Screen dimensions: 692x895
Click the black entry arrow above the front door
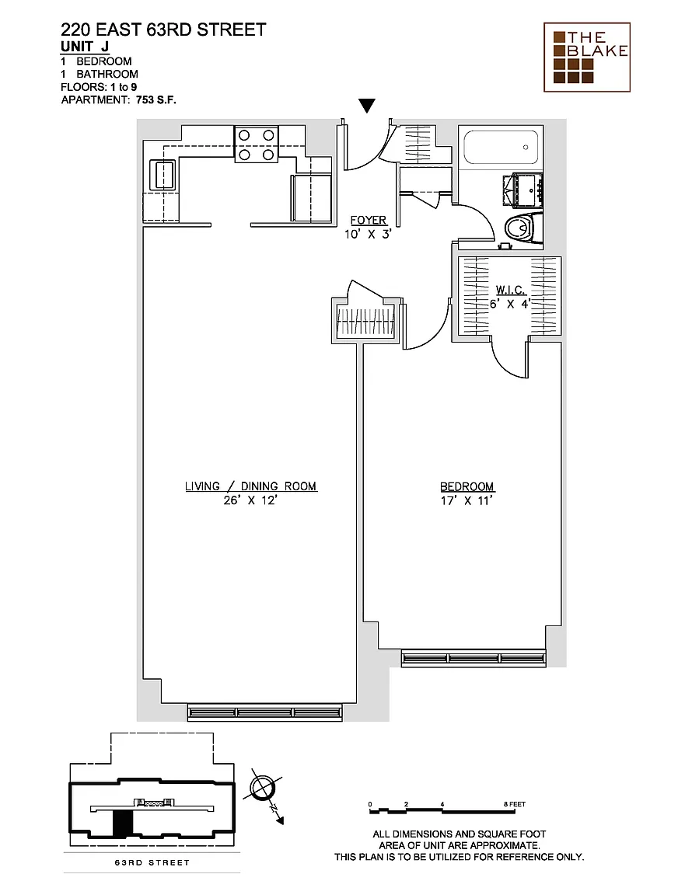coord(367,106)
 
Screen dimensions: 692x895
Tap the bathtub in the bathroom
coord(502,148)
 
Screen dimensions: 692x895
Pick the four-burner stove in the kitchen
coord(256,145)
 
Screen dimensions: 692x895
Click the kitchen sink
coord(163,175)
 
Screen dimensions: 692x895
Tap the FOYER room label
coord(368,221)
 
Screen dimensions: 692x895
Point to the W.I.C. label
coord(510,290)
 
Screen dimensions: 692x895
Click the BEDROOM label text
coord(467,487)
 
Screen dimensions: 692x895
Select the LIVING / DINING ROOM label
coord(251,486)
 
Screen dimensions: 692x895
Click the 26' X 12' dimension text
coord(250,500)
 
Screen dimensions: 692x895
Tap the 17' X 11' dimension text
coord(467,500)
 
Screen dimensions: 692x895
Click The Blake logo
coord(587,57)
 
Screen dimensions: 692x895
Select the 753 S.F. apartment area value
coord(156,100)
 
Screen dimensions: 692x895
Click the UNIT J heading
coord(85,47)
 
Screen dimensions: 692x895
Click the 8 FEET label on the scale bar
coord(514,804)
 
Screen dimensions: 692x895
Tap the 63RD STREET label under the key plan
coord(152,862)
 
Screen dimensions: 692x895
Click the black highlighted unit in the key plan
coord(122,824)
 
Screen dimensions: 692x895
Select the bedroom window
coord(474,658)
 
